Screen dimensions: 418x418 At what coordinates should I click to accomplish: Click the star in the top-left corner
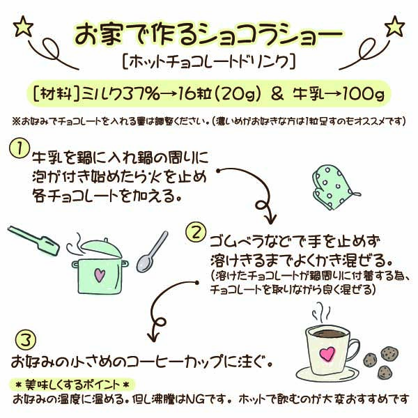[x=23, y=26]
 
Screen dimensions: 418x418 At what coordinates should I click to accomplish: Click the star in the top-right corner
[x=394, y=26]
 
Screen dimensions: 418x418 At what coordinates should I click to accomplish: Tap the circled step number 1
[x=20, y=148]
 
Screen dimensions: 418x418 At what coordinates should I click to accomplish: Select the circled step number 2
[x=196, y=232]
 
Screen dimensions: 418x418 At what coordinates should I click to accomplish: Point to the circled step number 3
[x=26, y=340]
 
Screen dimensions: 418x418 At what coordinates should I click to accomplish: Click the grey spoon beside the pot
[x=152, y=252]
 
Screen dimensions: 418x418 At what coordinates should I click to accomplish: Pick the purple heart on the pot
[x=100, y=275]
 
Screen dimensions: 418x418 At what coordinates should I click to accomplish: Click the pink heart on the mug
[x=327, y=353]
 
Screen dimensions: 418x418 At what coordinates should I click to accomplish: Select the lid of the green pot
[x=101, y=249]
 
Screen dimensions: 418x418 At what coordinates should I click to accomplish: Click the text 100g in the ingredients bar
[x=364, y=94]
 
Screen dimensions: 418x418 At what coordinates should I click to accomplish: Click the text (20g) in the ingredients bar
[x=238, y=94]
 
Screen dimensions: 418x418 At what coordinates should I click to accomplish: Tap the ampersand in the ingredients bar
[x=277, y=94]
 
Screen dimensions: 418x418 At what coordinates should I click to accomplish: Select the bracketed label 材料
[x=56, y=94]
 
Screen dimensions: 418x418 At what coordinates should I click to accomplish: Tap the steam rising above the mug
[x=322, y=313]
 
